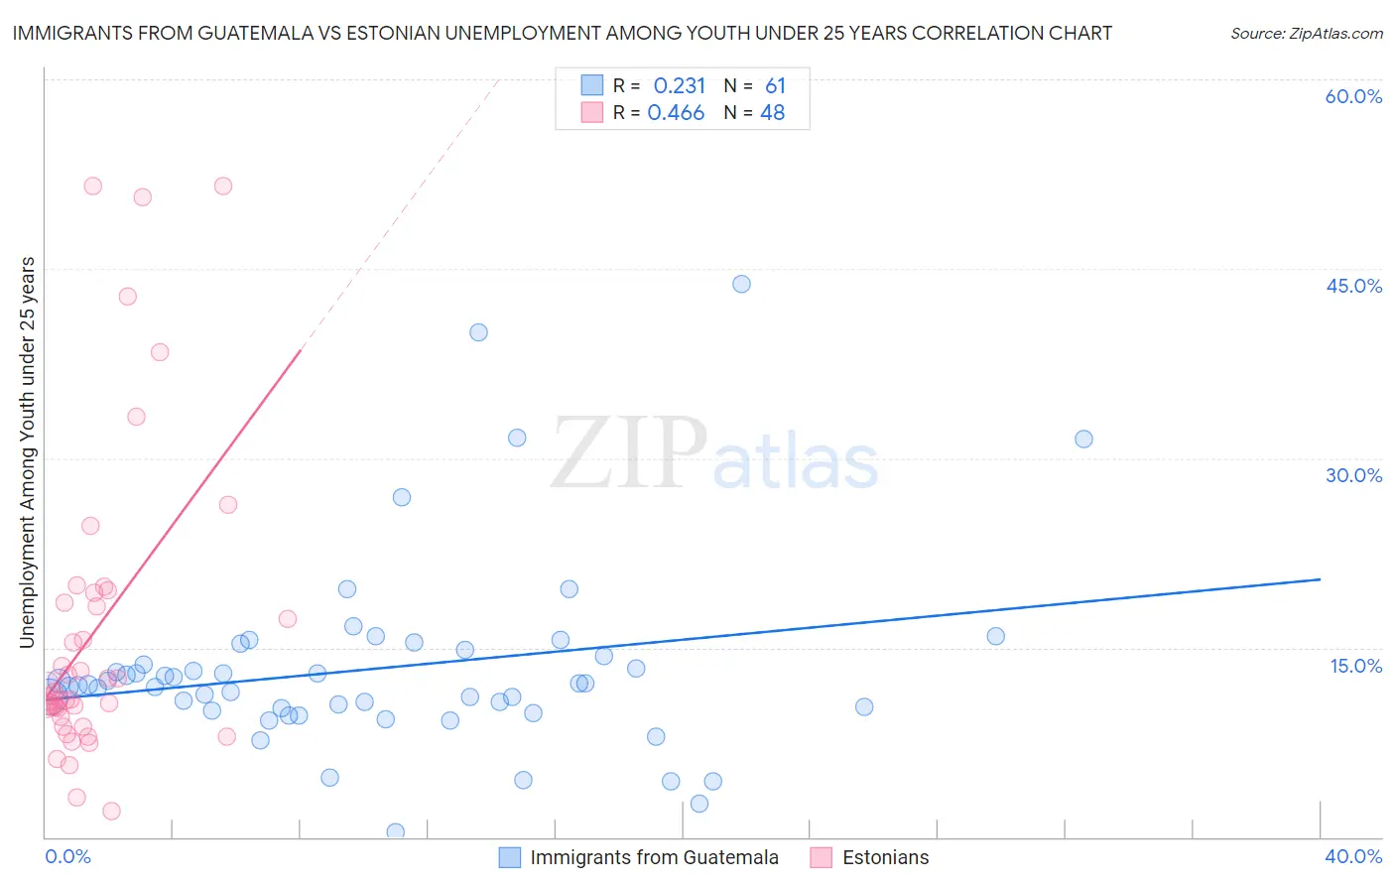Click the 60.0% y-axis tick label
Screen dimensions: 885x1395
[1353, 96]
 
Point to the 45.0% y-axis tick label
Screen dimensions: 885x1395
[1353, 286]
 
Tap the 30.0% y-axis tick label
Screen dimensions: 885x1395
[1353, 475]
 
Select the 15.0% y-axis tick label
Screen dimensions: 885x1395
[1355, 666]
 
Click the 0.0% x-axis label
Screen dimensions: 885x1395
[67, 856]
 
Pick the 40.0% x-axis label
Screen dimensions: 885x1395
[1352, 856]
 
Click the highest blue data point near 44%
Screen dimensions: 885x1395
[741, 284]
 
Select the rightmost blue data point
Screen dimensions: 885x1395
[1083, 439]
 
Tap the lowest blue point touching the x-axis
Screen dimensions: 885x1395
[395, 831]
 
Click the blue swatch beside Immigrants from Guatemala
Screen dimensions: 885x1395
[510, 857]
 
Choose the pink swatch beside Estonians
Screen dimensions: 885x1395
[821, 857]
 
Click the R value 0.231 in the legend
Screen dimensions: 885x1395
[679, 85]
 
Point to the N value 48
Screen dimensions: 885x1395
[772, 113]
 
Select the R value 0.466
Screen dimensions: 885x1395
[676, 113]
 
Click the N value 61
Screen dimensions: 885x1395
[775, 85]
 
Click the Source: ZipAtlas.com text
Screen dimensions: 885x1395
[1306, 33]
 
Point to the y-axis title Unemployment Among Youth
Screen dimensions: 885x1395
[28, 452]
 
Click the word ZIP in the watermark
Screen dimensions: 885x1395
[629, 454]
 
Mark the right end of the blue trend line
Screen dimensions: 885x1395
[1320, 578]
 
